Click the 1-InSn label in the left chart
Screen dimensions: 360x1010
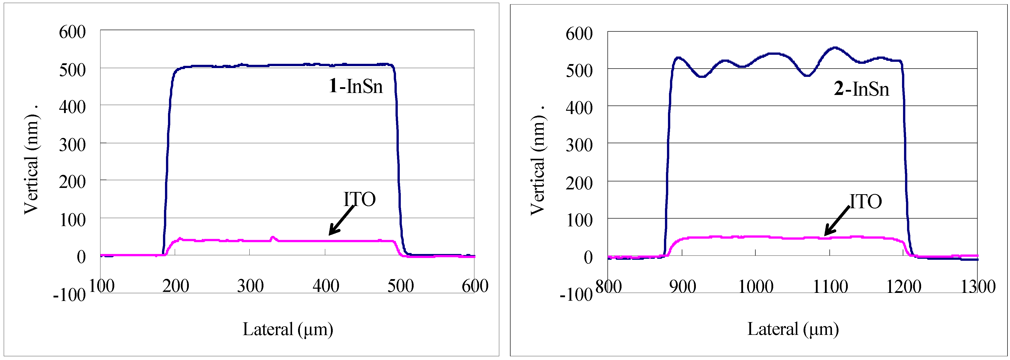click(x=356, y=86)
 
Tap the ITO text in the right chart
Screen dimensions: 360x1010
click(x=866, y=201)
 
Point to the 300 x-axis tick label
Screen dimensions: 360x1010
click(x=250, y=286)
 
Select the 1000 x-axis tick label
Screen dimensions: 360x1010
click(x=756, y=287)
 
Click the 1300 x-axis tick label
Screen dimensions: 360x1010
click(x=977, y=287)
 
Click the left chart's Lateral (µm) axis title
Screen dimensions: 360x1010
click(x=288, y=329)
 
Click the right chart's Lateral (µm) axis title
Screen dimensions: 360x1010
click(x=793, y=329)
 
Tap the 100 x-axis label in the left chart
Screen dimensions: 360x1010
click(x=101, y=286)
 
